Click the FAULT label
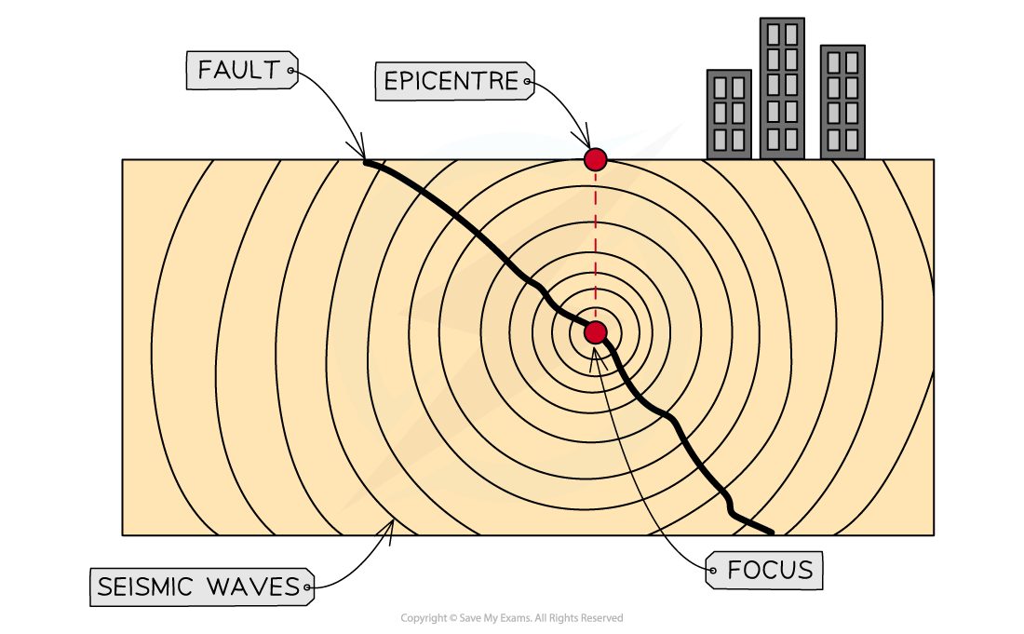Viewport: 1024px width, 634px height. (240, 71)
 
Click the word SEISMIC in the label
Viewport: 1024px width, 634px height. (145, 587)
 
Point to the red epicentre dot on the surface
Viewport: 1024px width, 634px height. (595, 159)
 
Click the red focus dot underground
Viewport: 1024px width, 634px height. (595, 332)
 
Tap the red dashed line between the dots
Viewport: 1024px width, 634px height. (595, 247)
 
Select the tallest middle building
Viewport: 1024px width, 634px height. (781, 88)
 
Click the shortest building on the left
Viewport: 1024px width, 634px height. (729, 114)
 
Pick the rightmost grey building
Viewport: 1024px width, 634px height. (842, 101)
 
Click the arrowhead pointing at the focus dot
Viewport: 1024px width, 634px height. (593, 354)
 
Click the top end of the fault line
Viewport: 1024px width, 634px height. (367, 162)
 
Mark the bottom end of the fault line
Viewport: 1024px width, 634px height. (771, 532)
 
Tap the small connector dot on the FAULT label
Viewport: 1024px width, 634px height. (290, 71)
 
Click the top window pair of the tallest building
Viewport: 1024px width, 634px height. (781, 34)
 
